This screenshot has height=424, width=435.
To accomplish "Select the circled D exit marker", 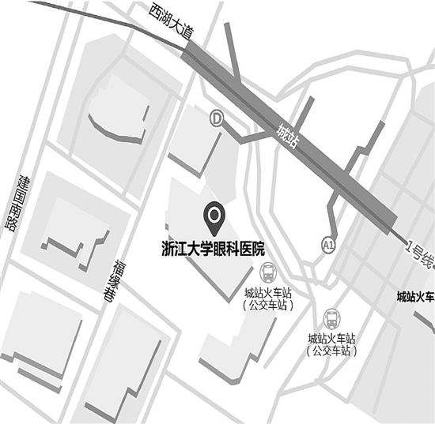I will coord(216,118).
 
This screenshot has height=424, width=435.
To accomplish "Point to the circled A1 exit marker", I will coord(328,246).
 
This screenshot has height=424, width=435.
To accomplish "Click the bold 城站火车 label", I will coord(415,297).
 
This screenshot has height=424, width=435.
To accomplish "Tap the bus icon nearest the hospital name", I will coord(270,273).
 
